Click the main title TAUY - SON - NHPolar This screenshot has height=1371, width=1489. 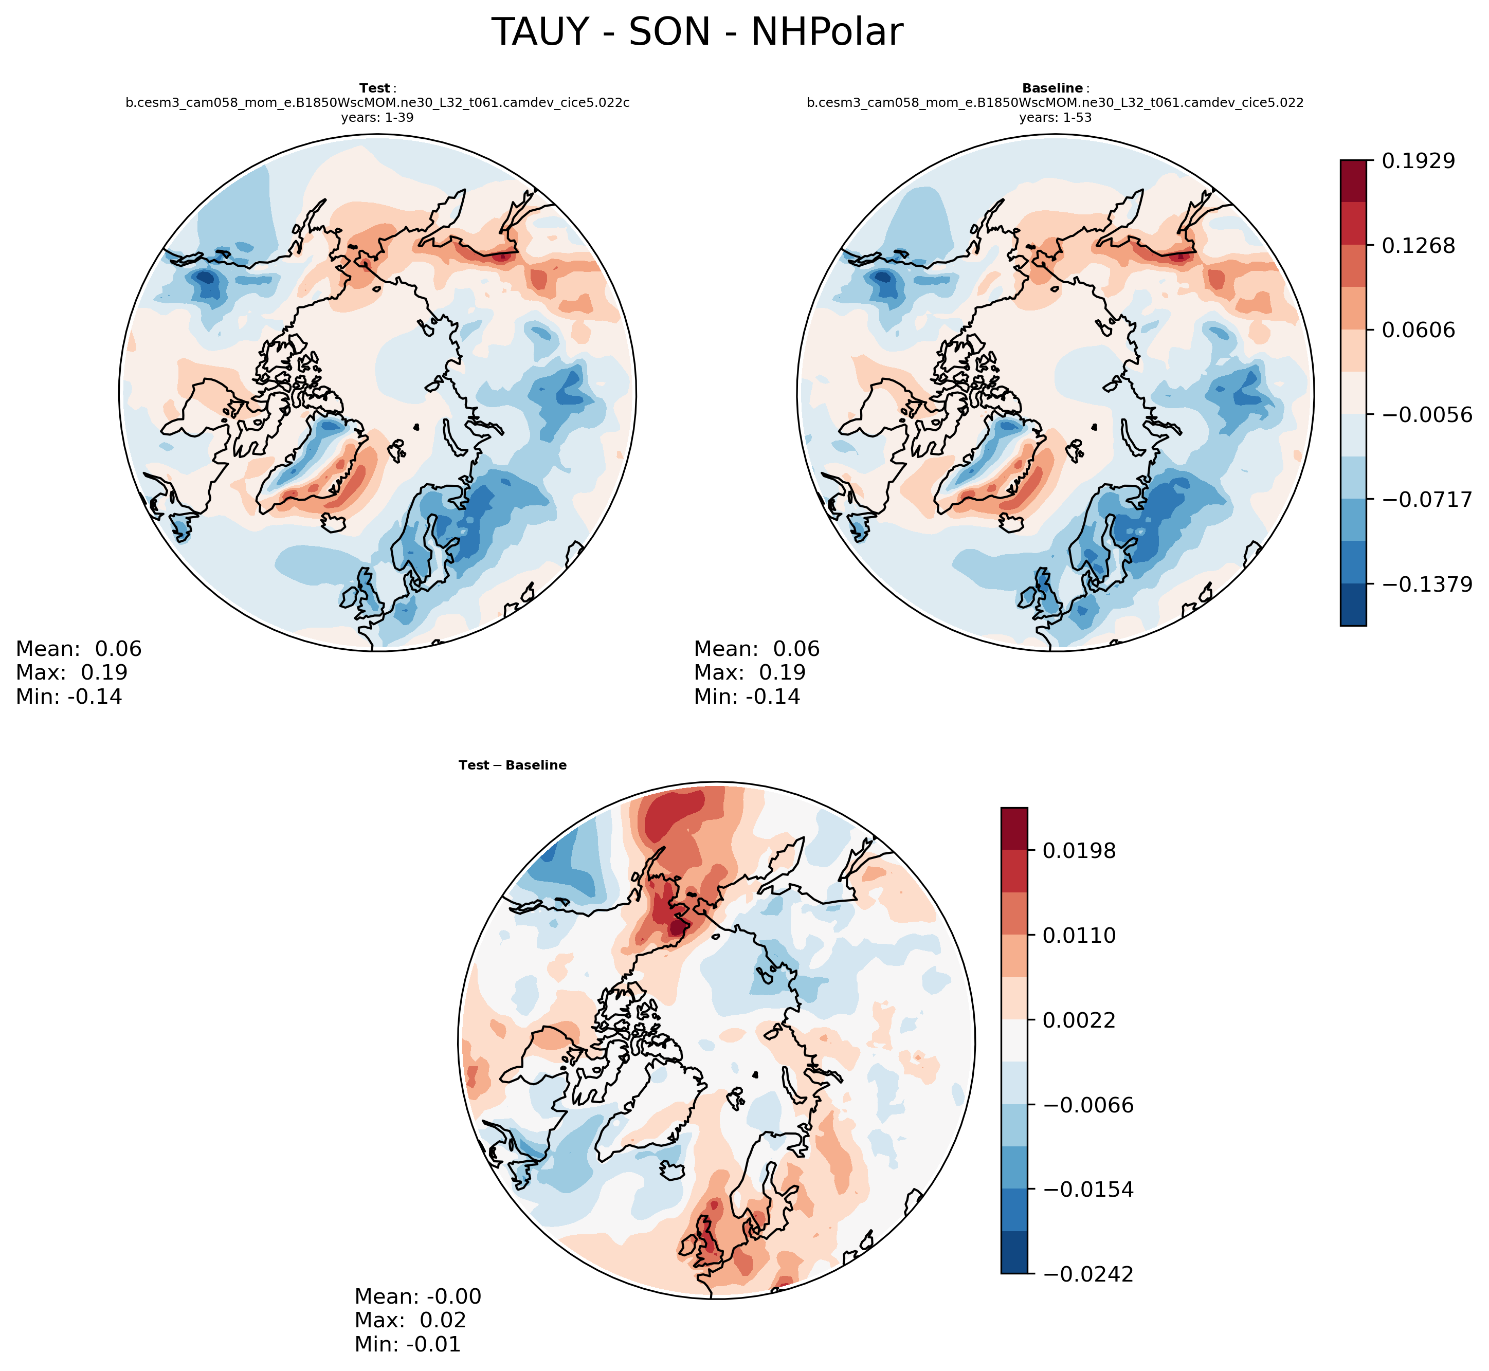(697, 33)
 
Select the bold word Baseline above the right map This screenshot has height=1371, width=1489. (1052, 88)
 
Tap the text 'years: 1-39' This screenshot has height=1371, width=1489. (377, 117)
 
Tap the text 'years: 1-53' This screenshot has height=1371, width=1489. (1055, 117)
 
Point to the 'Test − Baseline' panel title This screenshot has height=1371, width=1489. (513, 765)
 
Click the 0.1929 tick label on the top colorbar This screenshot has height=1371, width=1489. (1418, 160)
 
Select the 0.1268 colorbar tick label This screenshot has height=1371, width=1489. (1418, 246)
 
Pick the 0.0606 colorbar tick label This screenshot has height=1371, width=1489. (1418, 330)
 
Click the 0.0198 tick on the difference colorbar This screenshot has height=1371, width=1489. (1079, 851)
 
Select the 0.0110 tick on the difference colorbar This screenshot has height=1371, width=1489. (1079, 936)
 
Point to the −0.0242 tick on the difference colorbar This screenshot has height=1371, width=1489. (1087, 1274)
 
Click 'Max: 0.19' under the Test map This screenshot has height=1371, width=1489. (71, 673)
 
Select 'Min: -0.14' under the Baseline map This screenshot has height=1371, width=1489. (747, 697)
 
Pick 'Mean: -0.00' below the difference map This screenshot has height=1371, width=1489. (417, 1297)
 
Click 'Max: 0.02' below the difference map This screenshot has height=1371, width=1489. (410, 1321)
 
